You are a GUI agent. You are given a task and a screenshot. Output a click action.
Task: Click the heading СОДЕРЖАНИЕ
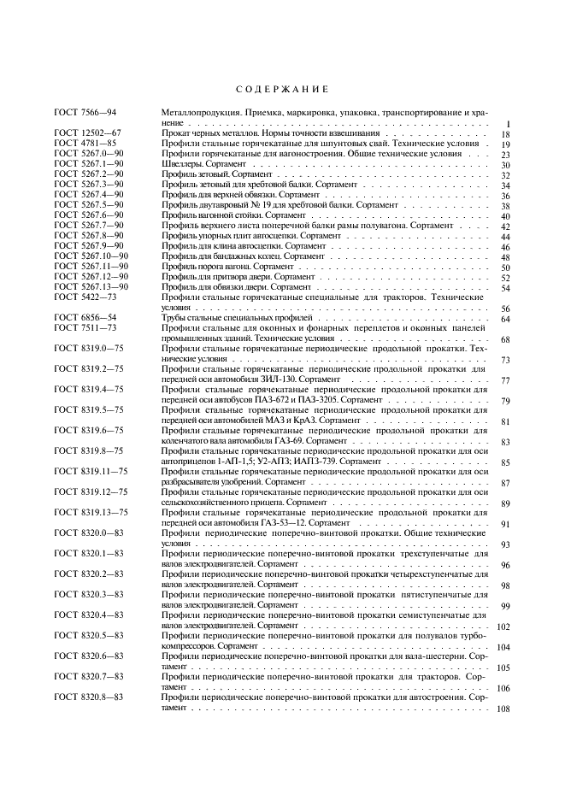(x=282, y=90)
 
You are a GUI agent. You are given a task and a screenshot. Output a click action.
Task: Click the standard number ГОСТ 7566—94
(x=85, y=113)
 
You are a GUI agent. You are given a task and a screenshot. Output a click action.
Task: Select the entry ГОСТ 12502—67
(x=87, y=134)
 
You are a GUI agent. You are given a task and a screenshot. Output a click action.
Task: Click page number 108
(x=503, y=709)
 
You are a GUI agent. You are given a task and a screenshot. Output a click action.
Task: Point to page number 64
(x=505, y=320)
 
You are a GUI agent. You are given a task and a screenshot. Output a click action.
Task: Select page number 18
(x=505, y=135)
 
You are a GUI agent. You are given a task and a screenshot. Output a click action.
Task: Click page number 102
(x=503, y=627)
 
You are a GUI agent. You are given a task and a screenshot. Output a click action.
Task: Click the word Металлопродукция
(x=197, y=113)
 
